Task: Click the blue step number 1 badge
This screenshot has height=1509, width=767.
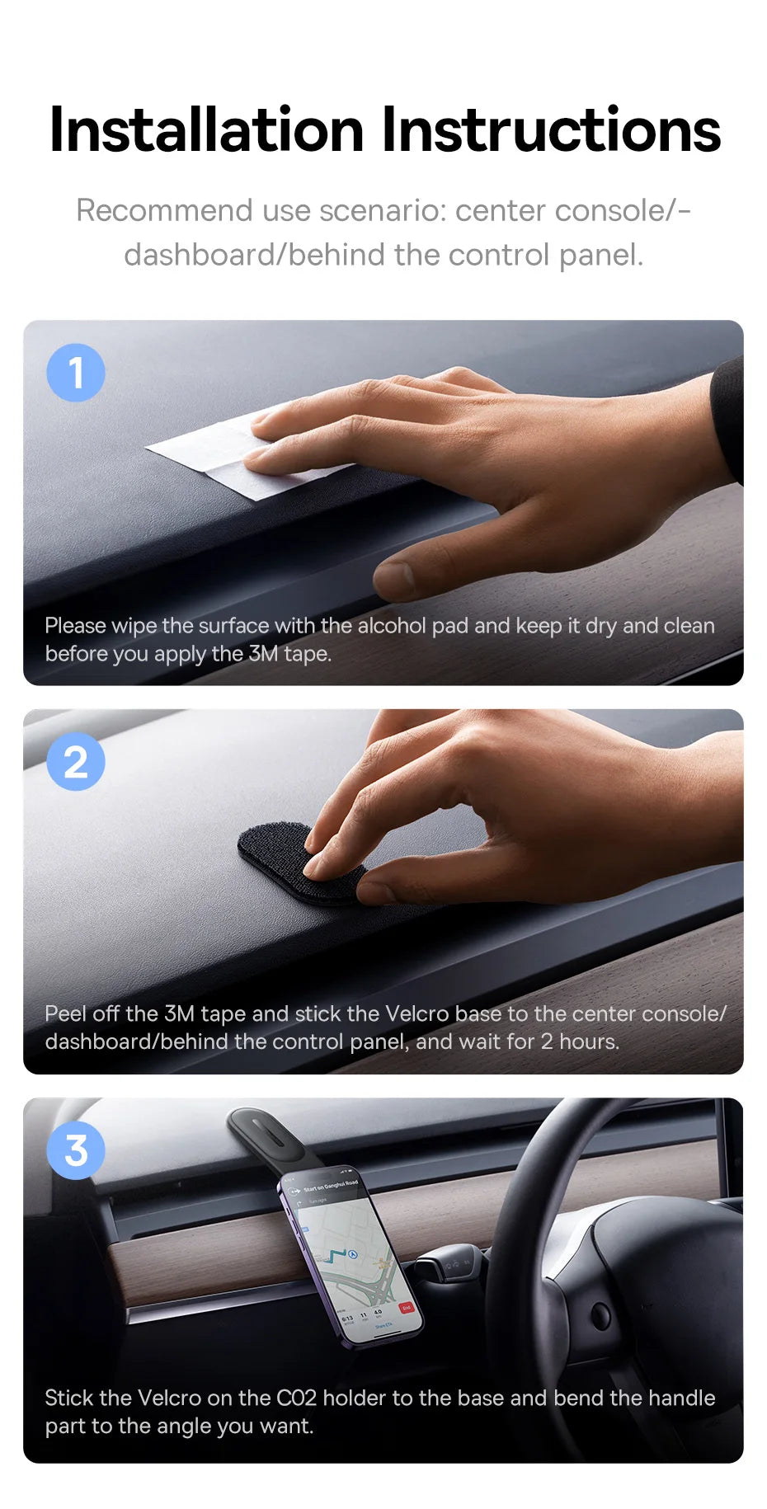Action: coord(76,373)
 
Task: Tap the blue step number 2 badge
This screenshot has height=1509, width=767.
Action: coord(76,762)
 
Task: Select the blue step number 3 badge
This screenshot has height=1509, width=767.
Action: coord(76,1150)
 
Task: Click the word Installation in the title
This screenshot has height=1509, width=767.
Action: coord(206,130)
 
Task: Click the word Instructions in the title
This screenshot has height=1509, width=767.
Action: coord(551,130)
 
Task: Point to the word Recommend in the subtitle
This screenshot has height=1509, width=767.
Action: coord(164,211)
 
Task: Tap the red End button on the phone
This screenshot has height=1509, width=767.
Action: coord(406,1308)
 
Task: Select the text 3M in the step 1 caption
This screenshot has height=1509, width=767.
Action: coord(263,654)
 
